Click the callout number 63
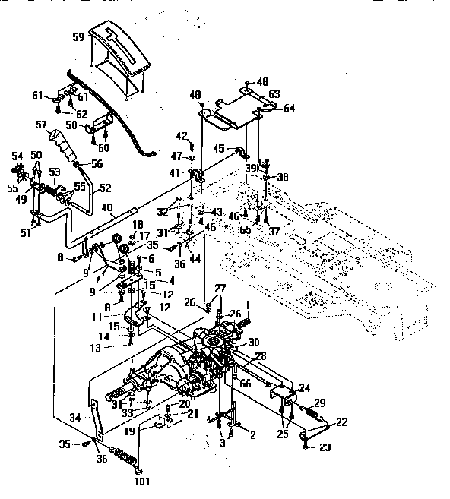click(x=274, y=93)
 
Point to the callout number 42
click(x=182, y=136)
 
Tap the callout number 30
click(x=254, y=342)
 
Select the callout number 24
click(x=304, y=387)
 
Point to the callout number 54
click(x=16, y=156)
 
